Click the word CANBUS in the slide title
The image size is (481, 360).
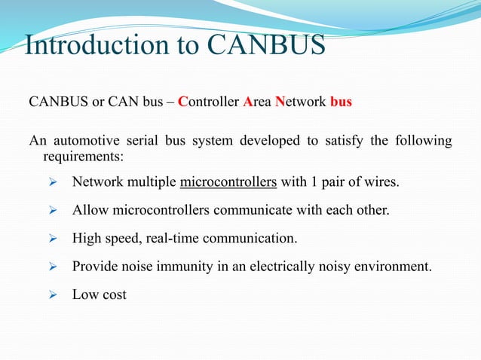point(265,45)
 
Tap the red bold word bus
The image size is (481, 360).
point(341,101)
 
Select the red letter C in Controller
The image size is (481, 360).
point(182,101)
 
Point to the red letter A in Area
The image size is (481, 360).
point(247,101)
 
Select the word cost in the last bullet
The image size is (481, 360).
point(113,294)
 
